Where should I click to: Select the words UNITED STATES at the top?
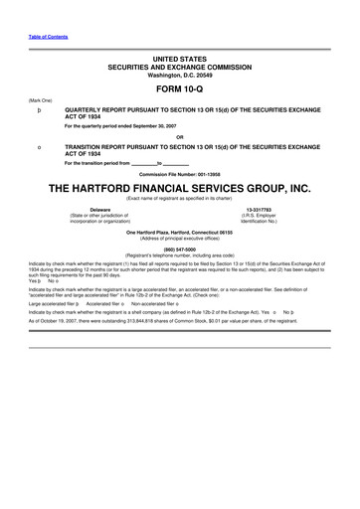(x=179, y=61)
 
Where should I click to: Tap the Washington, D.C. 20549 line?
(x=179, y=75)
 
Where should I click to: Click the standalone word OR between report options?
(x=179, y=136)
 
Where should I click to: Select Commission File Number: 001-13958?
(x=179, y=175)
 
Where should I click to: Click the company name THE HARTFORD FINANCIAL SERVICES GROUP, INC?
(x=179, y=189)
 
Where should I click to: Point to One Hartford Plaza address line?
(x=179, y=232)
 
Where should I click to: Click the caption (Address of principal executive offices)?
(x=179, y=239)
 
